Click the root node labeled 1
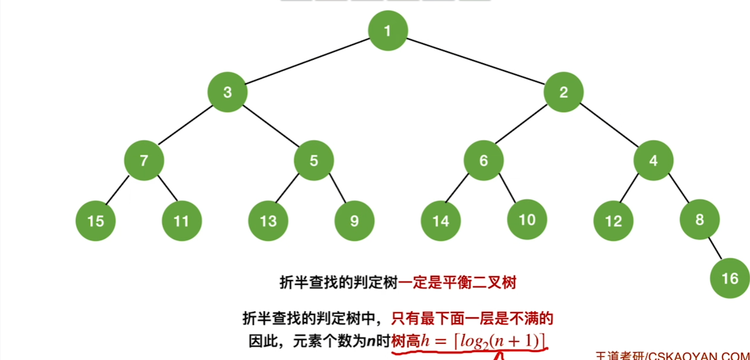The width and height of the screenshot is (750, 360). (387, 31)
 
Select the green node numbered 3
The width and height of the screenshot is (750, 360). (227, 92)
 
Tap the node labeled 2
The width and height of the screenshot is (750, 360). (564, 92)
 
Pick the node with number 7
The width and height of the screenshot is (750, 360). (144, 161)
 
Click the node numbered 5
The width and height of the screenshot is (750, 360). (314, 161)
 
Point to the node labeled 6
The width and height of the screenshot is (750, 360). (484, 161)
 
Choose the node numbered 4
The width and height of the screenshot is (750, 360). (653, 161)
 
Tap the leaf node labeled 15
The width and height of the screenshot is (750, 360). (96, 221)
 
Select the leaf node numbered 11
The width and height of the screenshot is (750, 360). (181, 221)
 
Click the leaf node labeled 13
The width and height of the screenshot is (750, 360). (268, 221)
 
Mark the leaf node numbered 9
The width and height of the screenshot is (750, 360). (354, 221)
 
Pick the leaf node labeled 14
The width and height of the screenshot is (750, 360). (440, 221)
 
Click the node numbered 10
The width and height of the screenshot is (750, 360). (527, 220)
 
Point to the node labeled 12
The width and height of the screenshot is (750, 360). (613, 221)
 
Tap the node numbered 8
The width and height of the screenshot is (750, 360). (699, 220)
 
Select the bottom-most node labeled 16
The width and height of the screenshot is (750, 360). (730, 278)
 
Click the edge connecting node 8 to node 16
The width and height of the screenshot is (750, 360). (715, 249)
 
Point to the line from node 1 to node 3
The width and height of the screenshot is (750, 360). (307, 61)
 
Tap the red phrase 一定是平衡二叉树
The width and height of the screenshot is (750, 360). (458, 283)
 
